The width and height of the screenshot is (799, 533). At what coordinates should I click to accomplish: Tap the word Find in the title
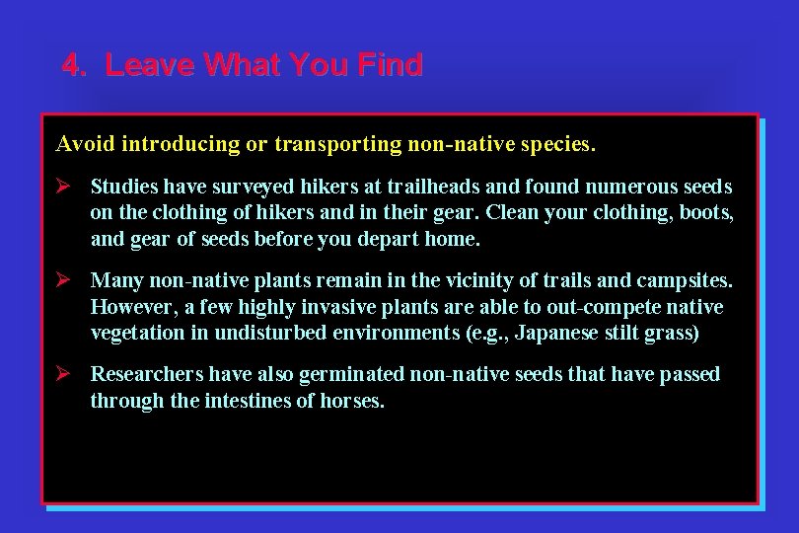pyautogui.click(x=391, y=65)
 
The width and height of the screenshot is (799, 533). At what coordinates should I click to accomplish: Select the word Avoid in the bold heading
pyautogui.click(x=86, y=144)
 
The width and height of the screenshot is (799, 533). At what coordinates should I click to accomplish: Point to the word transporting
pyautogui.click(x=336, y=144)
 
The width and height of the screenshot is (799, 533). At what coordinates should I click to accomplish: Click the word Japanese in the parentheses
pyautogui.click(x=555, y=333)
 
